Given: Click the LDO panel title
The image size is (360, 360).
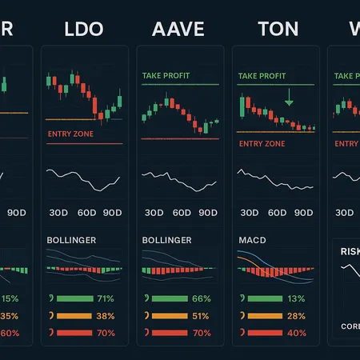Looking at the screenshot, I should tap(83, 30).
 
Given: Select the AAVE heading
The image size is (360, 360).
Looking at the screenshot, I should tap(178, 30).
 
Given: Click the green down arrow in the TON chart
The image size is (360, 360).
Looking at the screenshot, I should tap(289, 98).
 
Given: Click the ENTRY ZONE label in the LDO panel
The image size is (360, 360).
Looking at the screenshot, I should tap(71, 134).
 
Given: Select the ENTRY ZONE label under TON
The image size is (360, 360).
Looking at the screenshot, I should tap(262, 144).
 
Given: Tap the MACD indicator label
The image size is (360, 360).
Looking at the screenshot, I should tap(253, 239).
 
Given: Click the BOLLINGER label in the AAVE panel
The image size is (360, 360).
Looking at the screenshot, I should tap(167, 239).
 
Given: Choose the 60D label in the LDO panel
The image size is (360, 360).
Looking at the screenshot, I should tap(86, 213).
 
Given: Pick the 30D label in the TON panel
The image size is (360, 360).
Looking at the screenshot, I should tap(249, 213).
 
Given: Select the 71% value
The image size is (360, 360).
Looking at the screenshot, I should tap(106, 298).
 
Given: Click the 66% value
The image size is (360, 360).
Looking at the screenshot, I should tap(202, 298).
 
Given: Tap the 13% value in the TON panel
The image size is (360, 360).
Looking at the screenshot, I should tap(297, 298).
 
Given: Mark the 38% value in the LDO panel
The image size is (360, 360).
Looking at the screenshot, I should tap(106, 316).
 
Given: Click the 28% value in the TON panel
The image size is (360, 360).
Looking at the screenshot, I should tap(297, 316).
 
